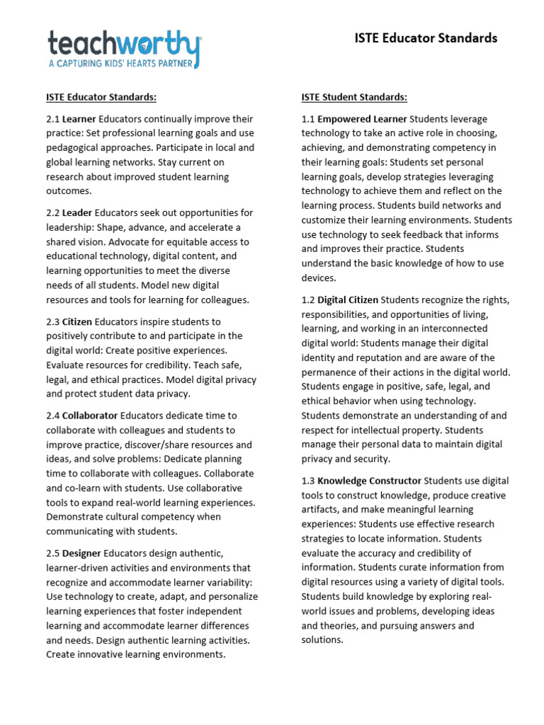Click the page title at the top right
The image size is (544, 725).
coord(426,38)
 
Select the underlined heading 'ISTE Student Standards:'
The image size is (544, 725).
coord(354,97)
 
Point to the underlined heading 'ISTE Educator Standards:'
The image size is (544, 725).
coord(101,97)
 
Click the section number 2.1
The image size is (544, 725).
coord(53,119)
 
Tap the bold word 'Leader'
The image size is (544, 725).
coord(77,212)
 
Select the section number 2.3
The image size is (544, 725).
coord(53,321)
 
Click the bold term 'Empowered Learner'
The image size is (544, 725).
coord(362,119)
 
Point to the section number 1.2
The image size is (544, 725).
coord(308,299)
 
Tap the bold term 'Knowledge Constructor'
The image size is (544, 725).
coord(369,481)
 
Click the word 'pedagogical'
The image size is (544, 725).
coord(73,147)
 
